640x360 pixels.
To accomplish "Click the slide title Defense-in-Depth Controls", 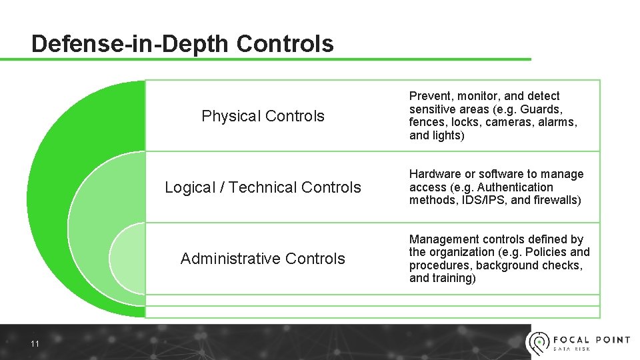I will tap(182, 44).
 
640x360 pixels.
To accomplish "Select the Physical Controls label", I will tap(263, 116).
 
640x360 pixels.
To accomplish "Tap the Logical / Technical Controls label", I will tap(263, 187).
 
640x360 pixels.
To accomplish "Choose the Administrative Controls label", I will tap(263, 259).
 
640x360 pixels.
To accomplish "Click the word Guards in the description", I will tap(541, 109).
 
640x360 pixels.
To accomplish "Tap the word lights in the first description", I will tap(447, 135).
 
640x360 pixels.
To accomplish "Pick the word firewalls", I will tap(556, 200).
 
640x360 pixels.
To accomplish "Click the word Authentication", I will tap(515, 187).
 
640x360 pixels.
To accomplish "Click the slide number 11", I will tap(35, 344).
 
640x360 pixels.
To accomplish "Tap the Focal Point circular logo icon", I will tap(539, 342).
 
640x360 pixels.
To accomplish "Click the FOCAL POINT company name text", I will tap(592, 339).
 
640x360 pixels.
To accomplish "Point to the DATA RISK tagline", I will tap(571, 349).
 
